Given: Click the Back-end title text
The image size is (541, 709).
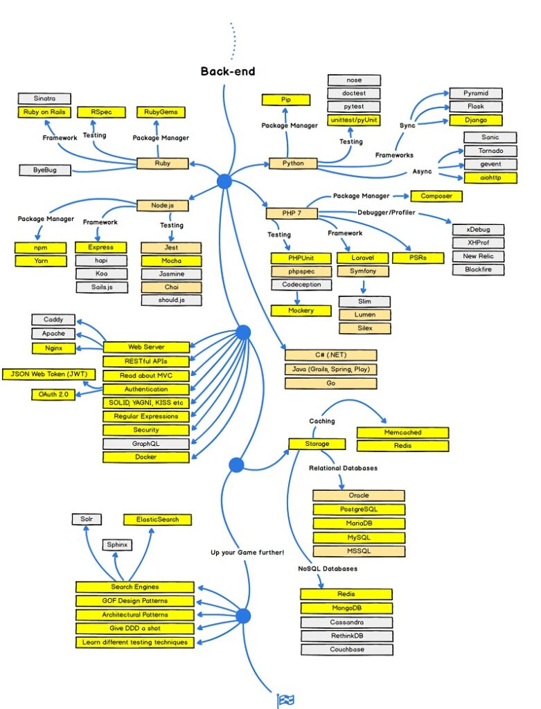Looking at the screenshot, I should pyautogui.click(x=228, y=71).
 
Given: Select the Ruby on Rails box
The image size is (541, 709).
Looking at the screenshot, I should pyautogui.click(x=42, y=112).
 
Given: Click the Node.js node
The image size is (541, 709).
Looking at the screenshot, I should pyautogui.click(x=162, y=206).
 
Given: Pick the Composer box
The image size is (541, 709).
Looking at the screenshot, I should pyautogui.click(x=436, y=196).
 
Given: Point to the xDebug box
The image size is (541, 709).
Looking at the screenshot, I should pyautogui.click(x=479, y=229).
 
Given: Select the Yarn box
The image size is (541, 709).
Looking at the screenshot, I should pyautogui.click(x=41, y=261).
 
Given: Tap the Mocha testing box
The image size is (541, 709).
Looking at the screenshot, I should pyautogui.click(x=171, y=261).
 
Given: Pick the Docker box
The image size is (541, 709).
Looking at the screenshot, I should pyautogui.click(x=145, y=457).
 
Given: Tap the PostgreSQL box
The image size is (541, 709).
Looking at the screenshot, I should pyautogui.click(x=358, y=510).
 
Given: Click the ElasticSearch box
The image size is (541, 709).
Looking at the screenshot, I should pyautogui.click(x=157, y=519).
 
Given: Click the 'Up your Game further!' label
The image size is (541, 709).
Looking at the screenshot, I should pyautogui.click(x=247, y=552).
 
